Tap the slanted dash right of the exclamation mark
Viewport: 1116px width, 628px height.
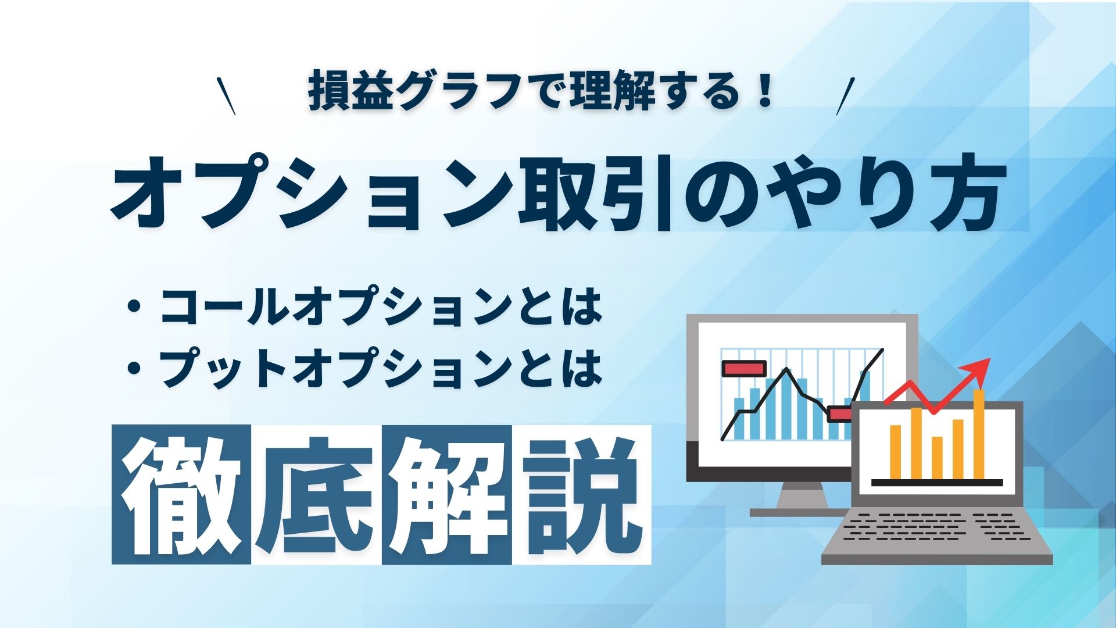click(846, 96)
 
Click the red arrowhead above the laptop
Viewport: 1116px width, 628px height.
click(981, 367)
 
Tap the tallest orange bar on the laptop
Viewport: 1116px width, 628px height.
click(979, 433)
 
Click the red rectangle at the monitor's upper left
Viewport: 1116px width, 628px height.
click(743, 368)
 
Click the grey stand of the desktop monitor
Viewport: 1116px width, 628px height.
click(802, 497)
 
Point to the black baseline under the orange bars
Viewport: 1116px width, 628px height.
click(937, 483)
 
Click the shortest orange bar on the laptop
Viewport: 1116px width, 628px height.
click(937, 457)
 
